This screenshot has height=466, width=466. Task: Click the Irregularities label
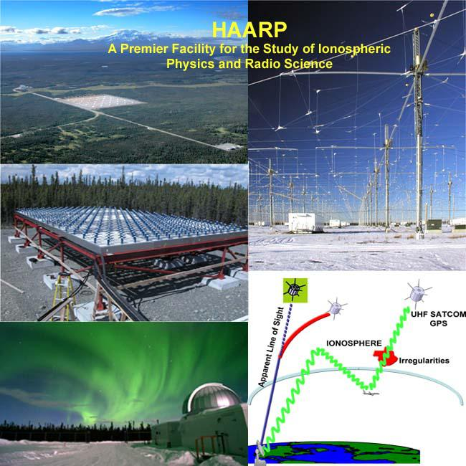click(422, 361)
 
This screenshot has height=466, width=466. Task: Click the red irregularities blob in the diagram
click(385, 356)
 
